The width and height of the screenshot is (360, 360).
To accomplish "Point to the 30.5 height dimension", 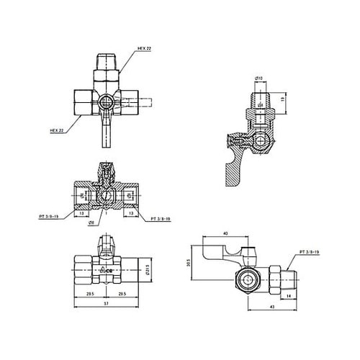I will point(191,264).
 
